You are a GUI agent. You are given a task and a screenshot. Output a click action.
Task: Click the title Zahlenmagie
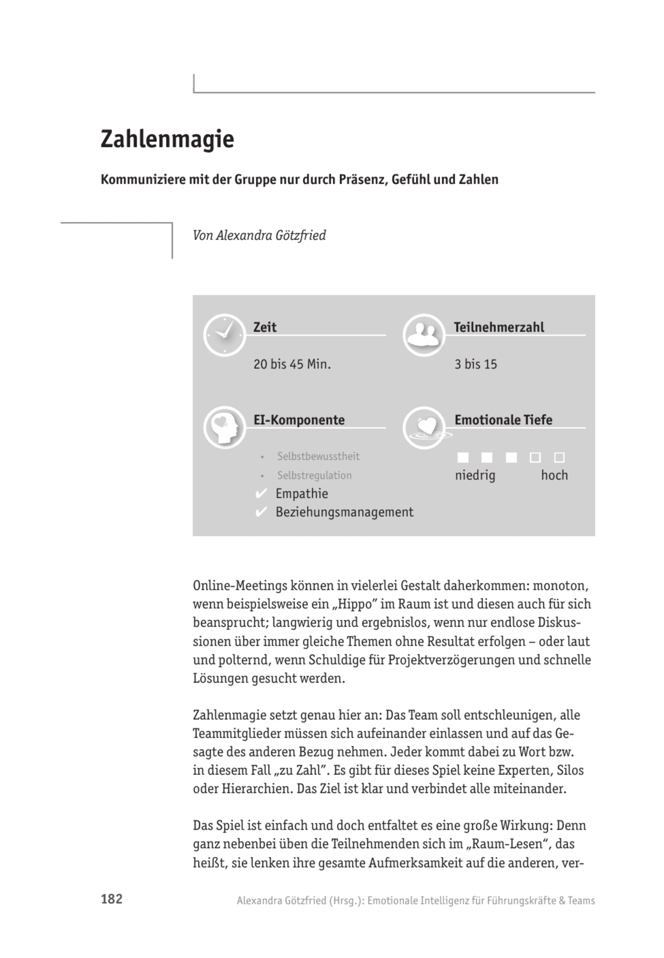(x=167, y=139)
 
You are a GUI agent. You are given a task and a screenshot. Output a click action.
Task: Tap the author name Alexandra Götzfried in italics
(x=271, y=235)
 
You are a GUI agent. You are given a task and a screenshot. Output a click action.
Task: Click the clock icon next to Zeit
(x=224, y=335)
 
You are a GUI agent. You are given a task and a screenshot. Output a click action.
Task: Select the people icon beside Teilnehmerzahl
(x=424, y=335)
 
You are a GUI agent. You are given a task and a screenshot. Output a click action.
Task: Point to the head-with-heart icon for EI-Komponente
(x=224, y=427)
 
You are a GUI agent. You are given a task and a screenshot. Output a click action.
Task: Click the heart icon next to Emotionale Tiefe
(x=424, y=427)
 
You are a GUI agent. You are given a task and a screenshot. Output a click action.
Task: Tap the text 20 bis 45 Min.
(x=292, y=364)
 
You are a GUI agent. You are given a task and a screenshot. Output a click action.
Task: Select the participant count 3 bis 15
(x=475, y=364)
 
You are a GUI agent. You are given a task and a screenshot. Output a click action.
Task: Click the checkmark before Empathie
(x=261, y=494)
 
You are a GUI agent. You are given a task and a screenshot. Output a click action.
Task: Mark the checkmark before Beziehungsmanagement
(x=261, y=512)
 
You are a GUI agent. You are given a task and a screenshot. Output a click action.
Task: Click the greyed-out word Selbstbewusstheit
(x=318, y=456)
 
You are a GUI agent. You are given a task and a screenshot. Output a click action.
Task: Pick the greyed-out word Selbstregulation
(x=314, y=475)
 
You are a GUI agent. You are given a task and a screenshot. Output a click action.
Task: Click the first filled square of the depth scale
(x=463, y=457)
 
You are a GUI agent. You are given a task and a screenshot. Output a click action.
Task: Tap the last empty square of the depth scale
(x=559, y=457)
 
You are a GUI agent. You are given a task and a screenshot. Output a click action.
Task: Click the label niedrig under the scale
(x=475, y=475)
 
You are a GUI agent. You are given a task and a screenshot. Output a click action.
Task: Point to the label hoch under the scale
(x=554, y=475)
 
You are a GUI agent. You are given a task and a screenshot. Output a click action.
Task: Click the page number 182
(x=112, y=899)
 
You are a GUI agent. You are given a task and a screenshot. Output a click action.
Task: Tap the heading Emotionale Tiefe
(x=503, y=420)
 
